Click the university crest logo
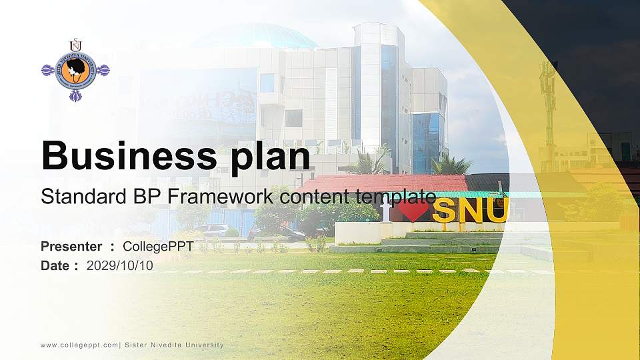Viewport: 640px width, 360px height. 75,70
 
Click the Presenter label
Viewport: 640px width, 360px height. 71,247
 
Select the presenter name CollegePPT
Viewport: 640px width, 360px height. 158,247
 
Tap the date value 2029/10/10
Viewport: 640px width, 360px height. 120,265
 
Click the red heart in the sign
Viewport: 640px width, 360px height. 413,211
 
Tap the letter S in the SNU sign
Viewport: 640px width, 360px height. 445,211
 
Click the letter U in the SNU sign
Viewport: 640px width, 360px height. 497,210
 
